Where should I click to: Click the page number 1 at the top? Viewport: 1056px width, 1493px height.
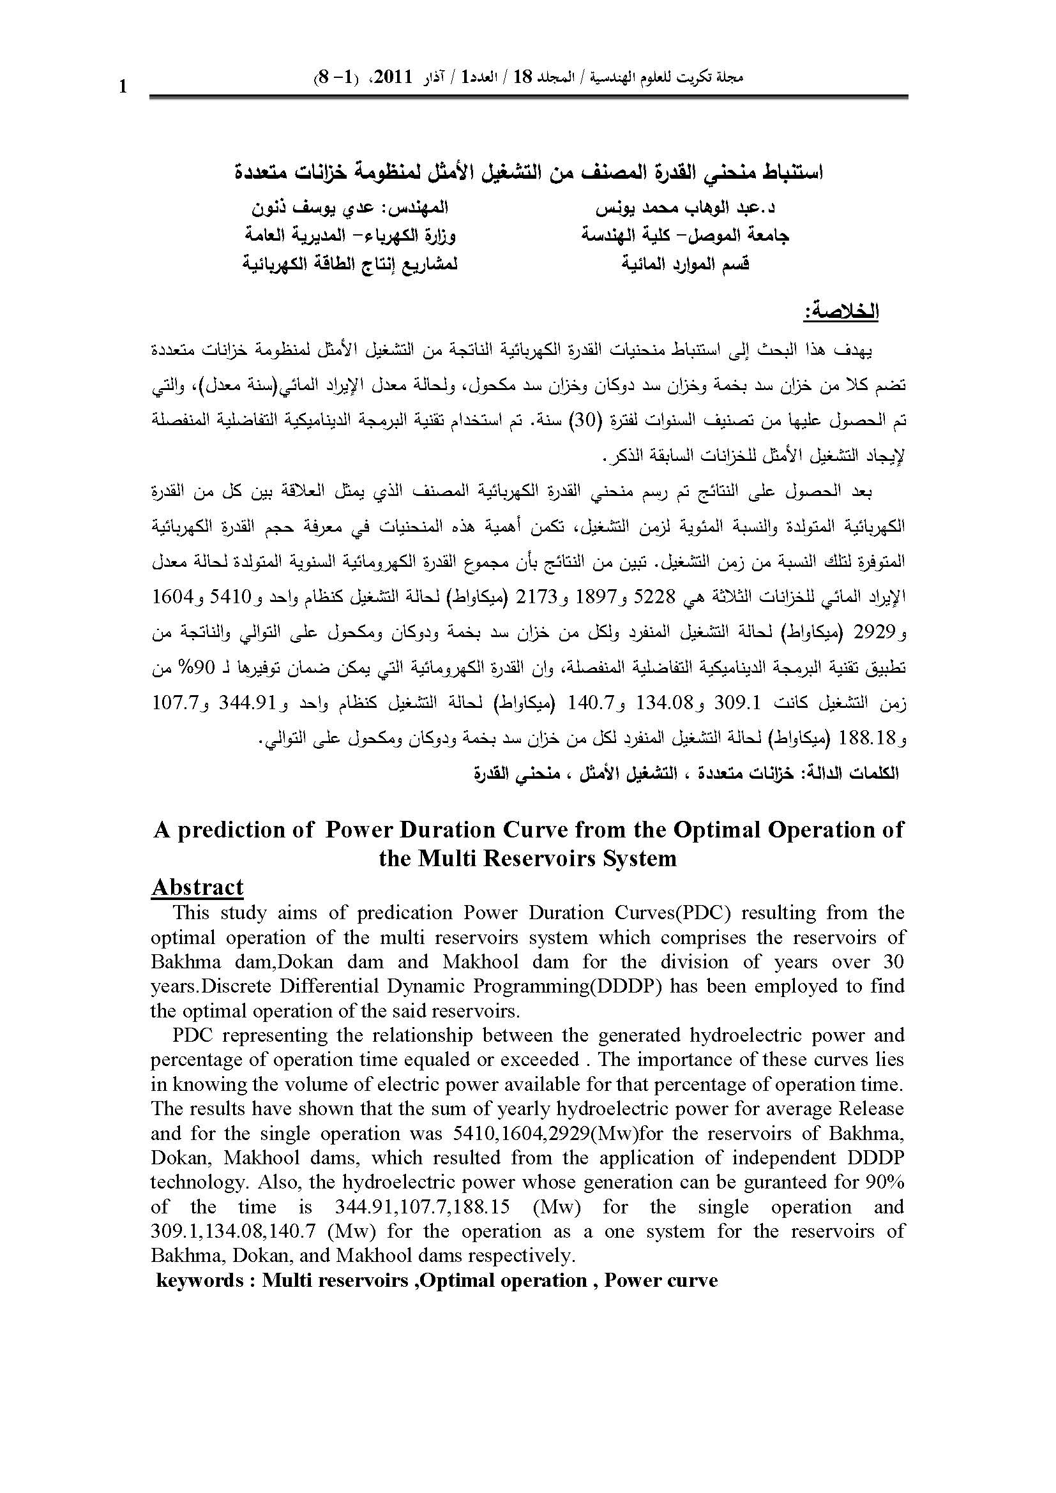click(123, 87)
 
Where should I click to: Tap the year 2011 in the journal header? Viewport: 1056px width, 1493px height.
click(391, 78)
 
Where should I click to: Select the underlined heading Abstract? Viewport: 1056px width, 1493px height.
click(197, 887)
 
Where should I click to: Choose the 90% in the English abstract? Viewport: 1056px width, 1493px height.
click(885, 1182)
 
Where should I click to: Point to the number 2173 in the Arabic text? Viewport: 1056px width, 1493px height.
click(527, 596)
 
